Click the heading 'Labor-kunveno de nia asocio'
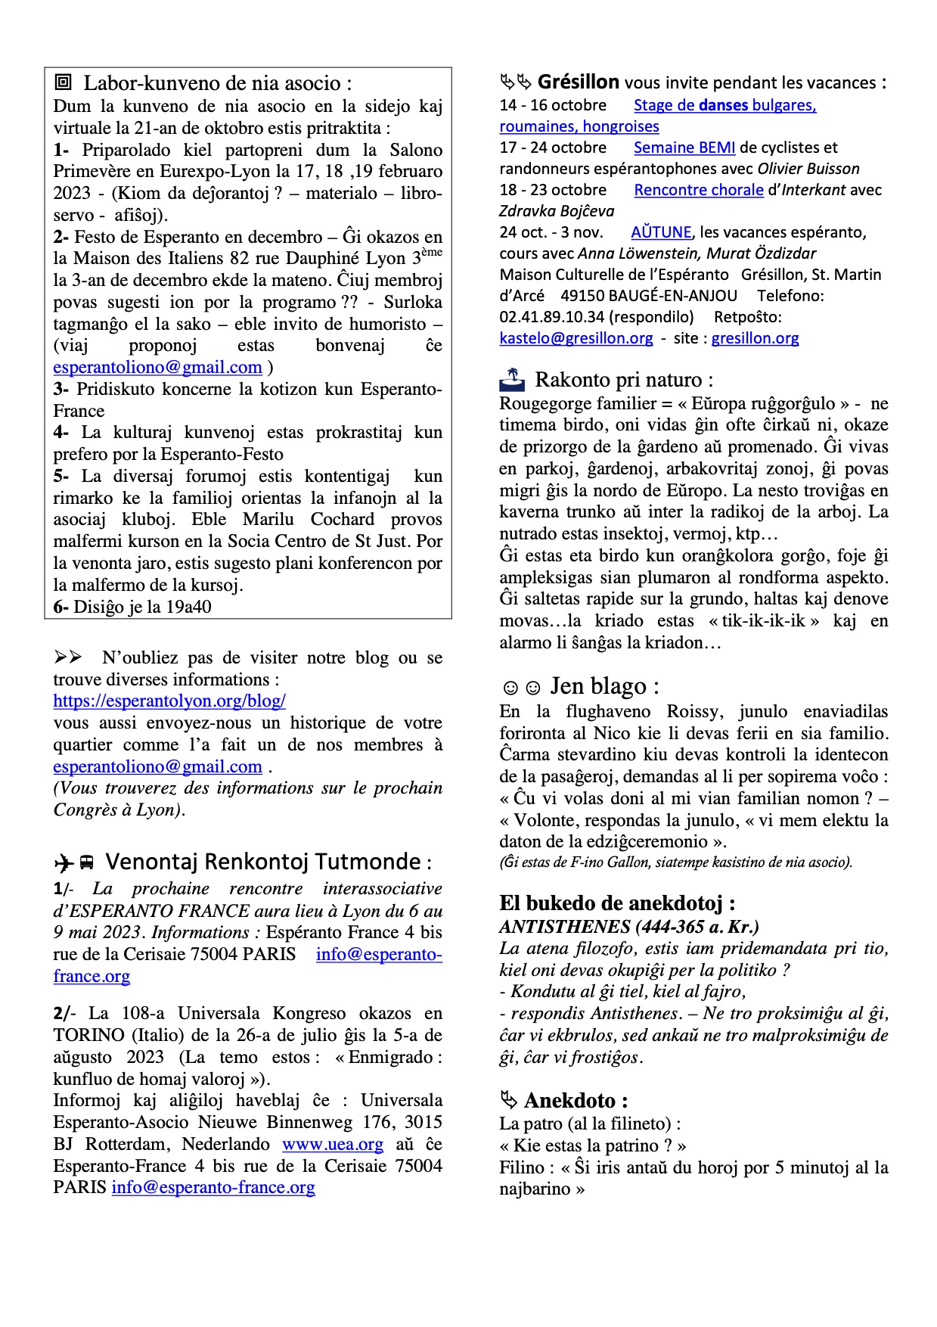(217, 83)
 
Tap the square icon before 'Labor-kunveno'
(64, 82)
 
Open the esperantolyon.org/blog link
(169, 701)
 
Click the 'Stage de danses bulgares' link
(724, 105)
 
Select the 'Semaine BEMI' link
(684, 148)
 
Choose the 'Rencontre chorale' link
(699, 190)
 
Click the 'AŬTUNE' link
(661, 232)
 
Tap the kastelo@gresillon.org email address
(576, 338)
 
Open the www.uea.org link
(333, 1144)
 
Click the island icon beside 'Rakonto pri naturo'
(512, 378)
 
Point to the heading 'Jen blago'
(604, 686)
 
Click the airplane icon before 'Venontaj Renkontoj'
(64, 862)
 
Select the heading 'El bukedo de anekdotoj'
(617, 903)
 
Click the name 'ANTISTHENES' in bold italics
(565, 927)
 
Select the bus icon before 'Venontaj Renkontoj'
(87, 862)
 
